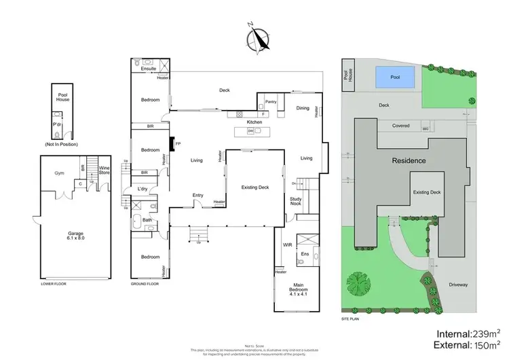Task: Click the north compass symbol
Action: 256,38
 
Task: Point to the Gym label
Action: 59,173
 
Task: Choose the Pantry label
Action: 271,102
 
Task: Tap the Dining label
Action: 303,108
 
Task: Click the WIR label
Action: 287,244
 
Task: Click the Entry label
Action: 197,196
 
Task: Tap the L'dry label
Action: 143,188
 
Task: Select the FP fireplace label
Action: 178,144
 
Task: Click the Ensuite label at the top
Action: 149,69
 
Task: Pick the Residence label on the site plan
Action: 408,161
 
